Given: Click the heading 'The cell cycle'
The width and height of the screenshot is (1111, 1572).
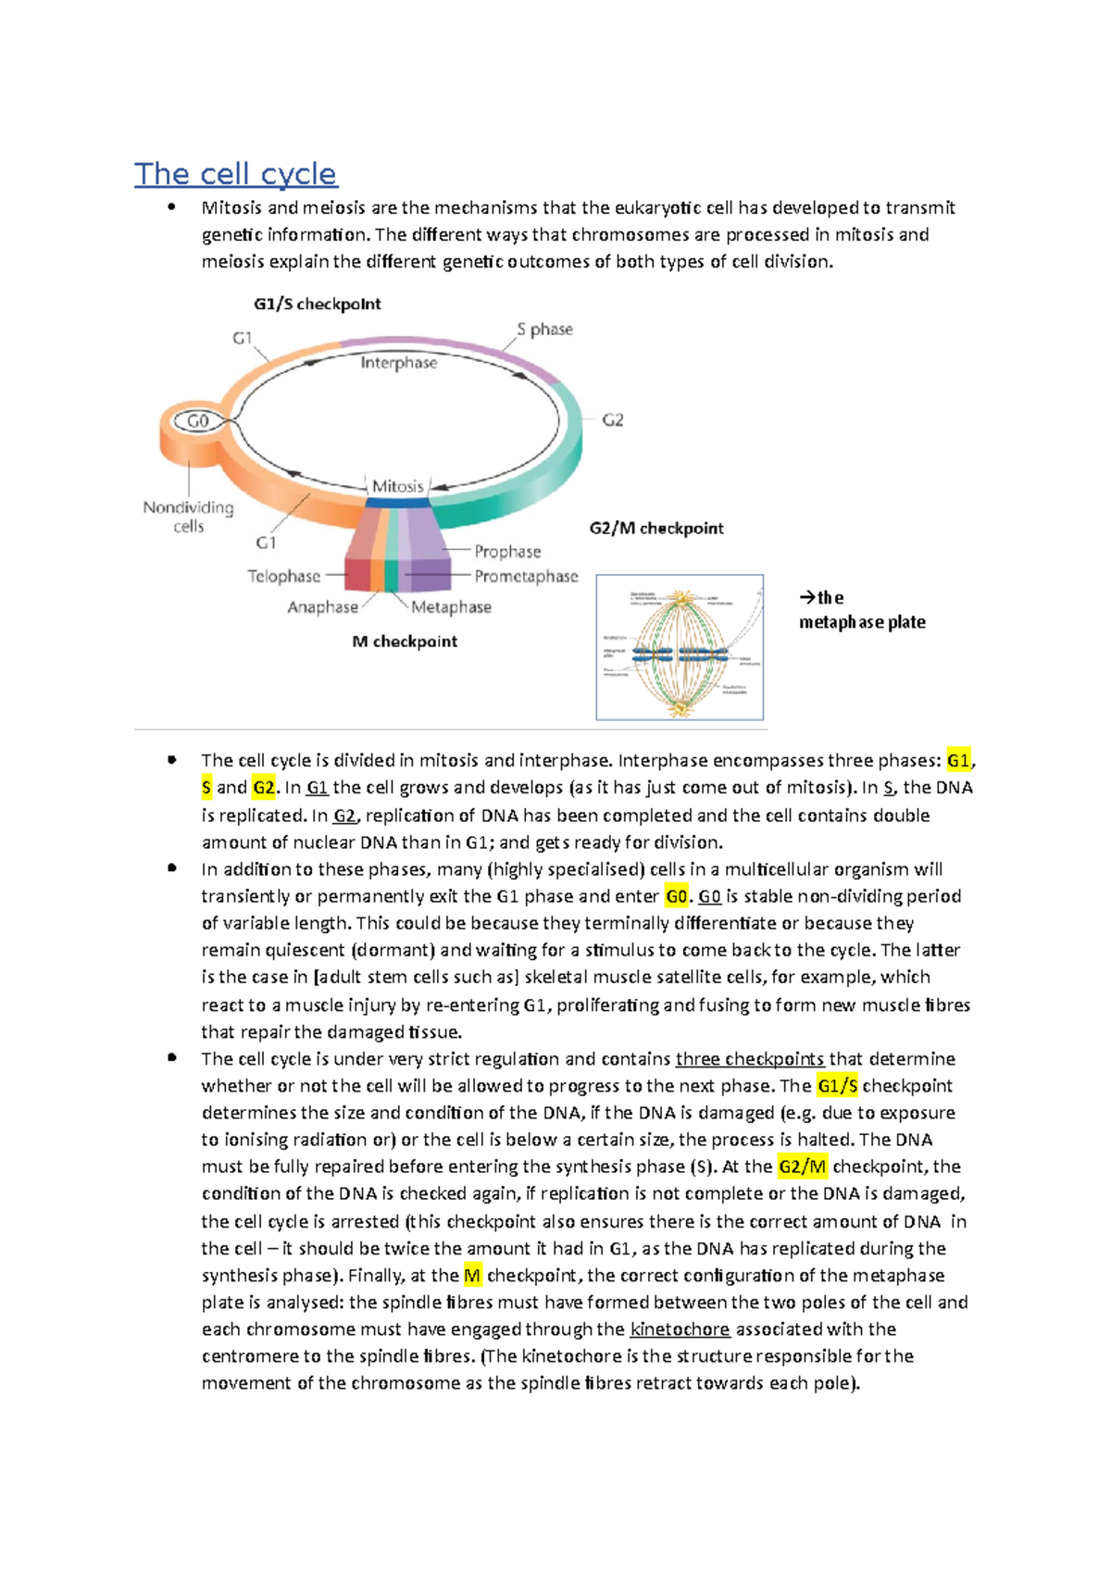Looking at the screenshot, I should click(x=235, y=174).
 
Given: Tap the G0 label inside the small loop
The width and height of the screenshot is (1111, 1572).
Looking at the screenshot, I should click(x=198, y=421).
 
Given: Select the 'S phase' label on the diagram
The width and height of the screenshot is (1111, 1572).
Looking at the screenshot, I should click(x=544, y=330).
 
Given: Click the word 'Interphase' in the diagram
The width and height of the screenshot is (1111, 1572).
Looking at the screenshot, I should click(x=398, y=363).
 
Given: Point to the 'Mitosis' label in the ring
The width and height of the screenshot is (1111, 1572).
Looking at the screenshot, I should click(x=397, y=486).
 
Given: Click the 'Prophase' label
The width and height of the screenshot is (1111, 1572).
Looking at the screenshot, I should click(x=507, y=552).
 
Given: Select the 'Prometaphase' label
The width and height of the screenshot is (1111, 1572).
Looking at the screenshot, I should click(x=526, y=577).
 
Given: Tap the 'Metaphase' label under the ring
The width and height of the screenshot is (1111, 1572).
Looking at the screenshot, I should click(x=451, y=607).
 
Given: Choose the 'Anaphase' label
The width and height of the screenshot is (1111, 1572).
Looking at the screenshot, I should click(x=322, y=607).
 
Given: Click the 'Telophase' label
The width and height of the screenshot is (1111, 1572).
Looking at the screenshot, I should click(x=283, y=577).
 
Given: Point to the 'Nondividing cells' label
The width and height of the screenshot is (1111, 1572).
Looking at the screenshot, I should click(x=188, y=517).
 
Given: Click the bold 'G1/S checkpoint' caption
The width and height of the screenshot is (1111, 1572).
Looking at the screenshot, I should click(x=317, y=305).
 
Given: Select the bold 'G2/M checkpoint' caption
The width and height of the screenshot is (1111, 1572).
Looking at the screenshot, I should click(x=656, y=529).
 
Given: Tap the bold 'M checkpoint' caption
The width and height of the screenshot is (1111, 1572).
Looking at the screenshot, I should click(x=405, y=642).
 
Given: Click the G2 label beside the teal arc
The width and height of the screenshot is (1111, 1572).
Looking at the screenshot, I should click(x=613, y=420).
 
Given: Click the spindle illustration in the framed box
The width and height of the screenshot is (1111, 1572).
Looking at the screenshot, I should click(x=680, y=647).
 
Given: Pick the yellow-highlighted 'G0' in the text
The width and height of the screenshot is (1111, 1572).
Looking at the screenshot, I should click(x=677, y=896).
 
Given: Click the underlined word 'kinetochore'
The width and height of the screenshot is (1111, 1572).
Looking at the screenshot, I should click(x=680, y=1329).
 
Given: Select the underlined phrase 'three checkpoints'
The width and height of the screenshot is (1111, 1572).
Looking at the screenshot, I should click(x=749, y=1059).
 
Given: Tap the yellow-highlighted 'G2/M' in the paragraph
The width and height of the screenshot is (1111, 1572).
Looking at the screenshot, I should click(x=802, y=1167).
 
